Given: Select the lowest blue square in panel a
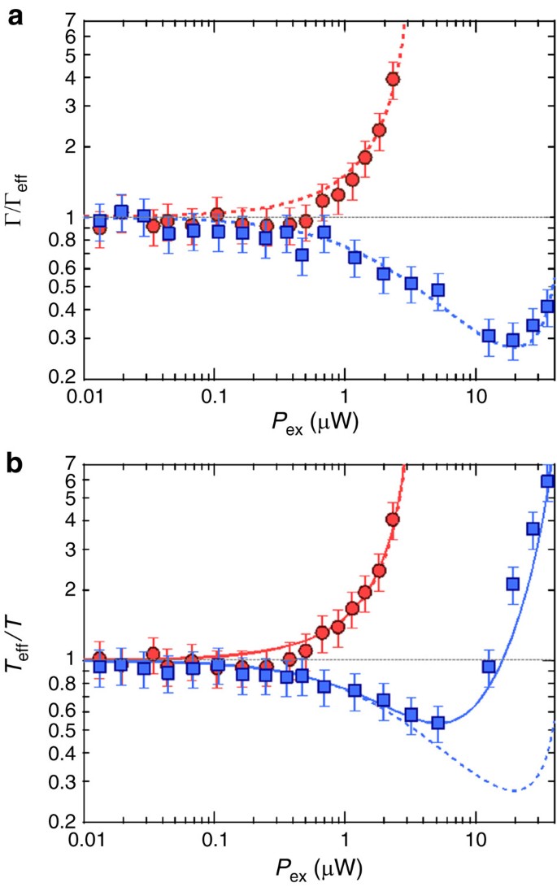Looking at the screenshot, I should (x=513, y=341).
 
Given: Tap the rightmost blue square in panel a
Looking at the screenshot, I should (x=547, y=307).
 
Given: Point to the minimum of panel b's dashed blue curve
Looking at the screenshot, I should (x=514, y=790).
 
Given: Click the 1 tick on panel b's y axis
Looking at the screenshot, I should (x=70, y=659).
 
